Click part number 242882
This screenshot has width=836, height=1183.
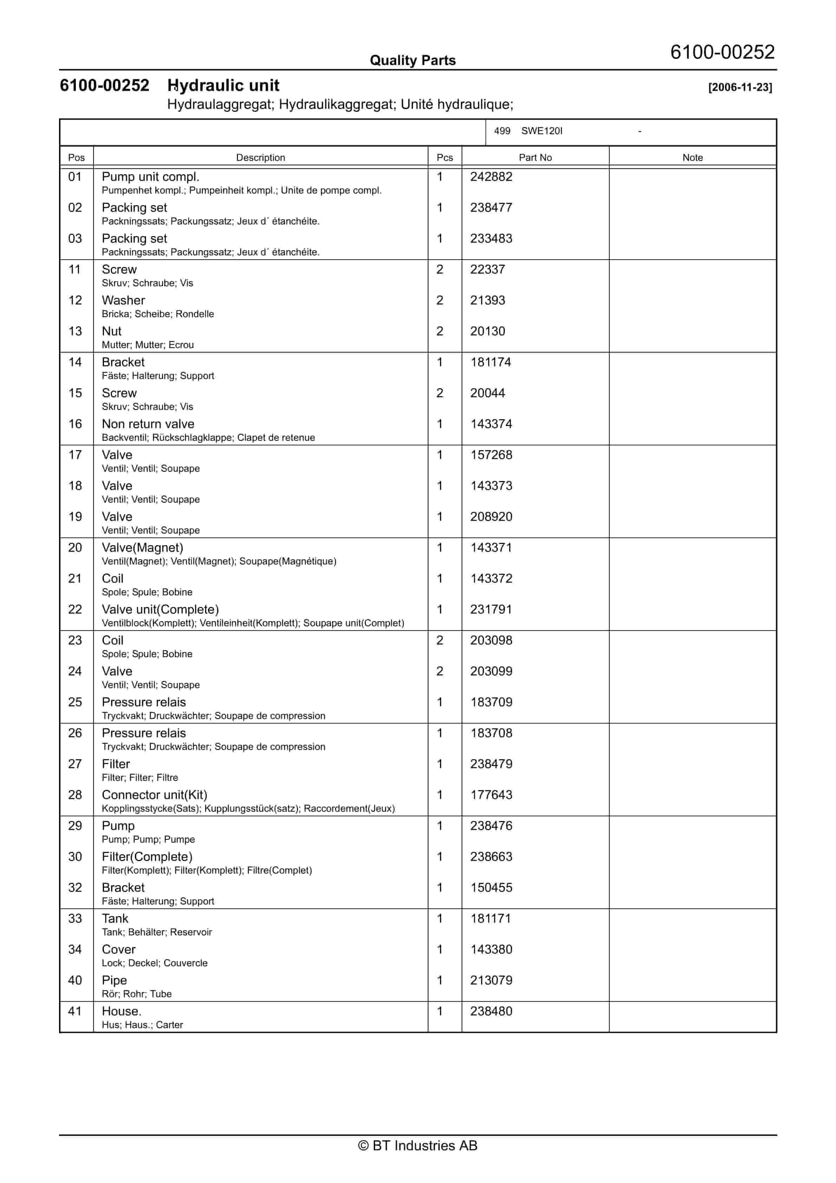tap(491, 177)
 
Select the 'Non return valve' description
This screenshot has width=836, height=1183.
tap(148, 424)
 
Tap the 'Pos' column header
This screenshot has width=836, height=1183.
tap(76, 158)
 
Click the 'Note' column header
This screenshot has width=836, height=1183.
tap(692, 158)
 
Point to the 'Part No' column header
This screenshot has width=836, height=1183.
tap(535, 158)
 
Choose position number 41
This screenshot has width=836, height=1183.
tap(75, 1012)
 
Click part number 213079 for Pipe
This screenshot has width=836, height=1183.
tap(491, 981)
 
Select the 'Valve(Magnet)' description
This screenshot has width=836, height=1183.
tap(142, 548)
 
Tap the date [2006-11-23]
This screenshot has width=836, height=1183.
tap(740, 87)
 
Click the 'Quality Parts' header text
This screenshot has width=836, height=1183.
tap(412, 60)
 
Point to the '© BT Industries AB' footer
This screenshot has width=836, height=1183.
tap(418, 1145)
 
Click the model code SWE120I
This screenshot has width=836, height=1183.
tap(542, 131)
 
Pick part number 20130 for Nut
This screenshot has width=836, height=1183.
tap(487, 331)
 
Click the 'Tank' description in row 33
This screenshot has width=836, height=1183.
tap(115, 919)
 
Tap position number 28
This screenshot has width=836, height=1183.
tap(75, 795)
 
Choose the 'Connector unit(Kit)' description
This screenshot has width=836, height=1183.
tap(154, 795)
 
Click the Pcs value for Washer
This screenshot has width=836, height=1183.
tap(440, 300)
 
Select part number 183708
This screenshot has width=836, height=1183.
tap(491, 733)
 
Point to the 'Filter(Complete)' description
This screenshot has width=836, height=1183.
tap(147, 857)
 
